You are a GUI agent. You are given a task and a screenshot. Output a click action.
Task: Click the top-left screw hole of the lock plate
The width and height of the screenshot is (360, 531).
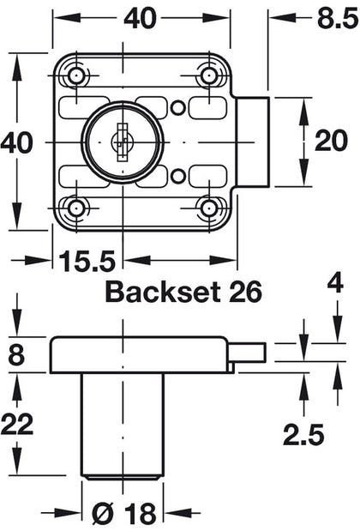[77, 75]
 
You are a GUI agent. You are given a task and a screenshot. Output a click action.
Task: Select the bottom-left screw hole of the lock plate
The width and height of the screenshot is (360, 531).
[77, 207]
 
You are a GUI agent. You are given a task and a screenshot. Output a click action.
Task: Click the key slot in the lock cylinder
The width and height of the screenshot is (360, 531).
[123, 140]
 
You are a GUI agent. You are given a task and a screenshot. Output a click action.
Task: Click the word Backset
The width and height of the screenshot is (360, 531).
[159, 292]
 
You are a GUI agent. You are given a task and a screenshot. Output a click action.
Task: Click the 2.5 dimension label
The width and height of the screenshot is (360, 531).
[305, 435]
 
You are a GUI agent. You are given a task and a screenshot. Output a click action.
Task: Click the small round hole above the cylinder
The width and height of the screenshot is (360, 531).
[177, 106]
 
